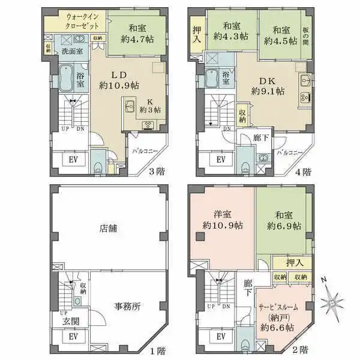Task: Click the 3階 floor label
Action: [157, 170]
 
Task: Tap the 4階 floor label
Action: [304, 170]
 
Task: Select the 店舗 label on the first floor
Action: [107, 228]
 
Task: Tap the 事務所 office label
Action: [127, 306]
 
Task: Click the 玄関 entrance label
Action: [70, 321]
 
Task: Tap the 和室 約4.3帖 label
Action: [229, 31]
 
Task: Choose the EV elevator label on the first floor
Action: [73, 337]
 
